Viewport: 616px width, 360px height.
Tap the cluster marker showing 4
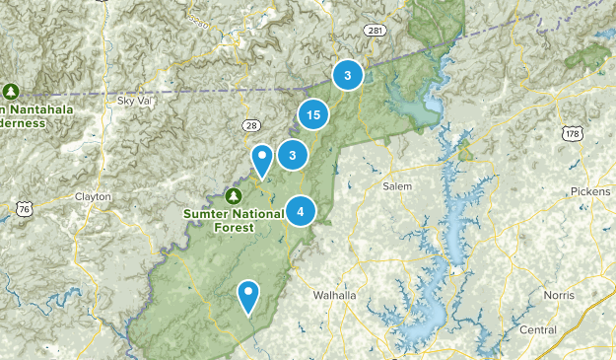301,211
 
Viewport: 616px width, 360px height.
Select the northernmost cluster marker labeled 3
348,75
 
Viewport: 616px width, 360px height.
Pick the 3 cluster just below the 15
293,154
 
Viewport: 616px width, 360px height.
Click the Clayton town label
93,196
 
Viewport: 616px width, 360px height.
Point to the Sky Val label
134,100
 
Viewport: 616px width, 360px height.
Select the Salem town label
397,185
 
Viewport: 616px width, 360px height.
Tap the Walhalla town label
333,295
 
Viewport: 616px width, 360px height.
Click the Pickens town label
589,190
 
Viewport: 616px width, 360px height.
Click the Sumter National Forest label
218,219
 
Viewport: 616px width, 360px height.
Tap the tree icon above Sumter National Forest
234,194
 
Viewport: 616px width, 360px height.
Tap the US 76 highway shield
25,208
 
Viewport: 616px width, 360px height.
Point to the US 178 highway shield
572,132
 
